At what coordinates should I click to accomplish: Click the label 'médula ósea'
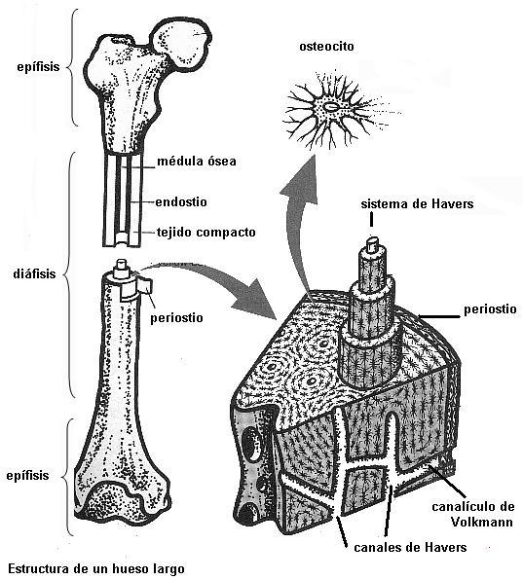(197, 162)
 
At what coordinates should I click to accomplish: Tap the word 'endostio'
(181, 202)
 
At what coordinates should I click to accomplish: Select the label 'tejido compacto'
(206, 233)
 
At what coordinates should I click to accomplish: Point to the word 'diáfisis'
(34, 273)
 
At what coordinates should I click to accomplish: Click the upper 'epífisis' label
(38, 67)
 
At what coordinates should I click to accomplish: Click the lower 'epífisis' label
(27, 475)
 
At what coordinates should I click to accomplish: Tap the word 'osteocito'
(326, 47)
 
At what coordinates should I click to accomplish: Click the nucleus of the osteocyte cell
(330, 107)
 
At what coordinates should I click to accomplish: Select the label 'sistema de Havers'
(417, 203)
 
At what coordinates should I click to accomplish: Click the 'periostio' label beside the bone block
(490, 309)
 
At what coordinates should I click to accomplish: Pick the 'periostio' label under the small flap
(176, 318)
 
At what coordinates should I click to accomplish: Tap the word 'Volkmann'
(481, 522)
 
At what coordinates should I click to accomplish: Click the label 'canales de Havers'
(410, 547)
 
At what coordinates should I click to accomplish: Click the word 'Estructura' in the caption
(42, 568)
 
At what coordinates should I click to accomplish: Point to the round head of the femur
(180, 43)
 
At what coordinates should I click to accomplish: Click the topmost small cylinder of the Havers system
(372, 245)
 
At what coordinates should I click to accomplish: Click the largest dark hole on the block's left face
(251, 442)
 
